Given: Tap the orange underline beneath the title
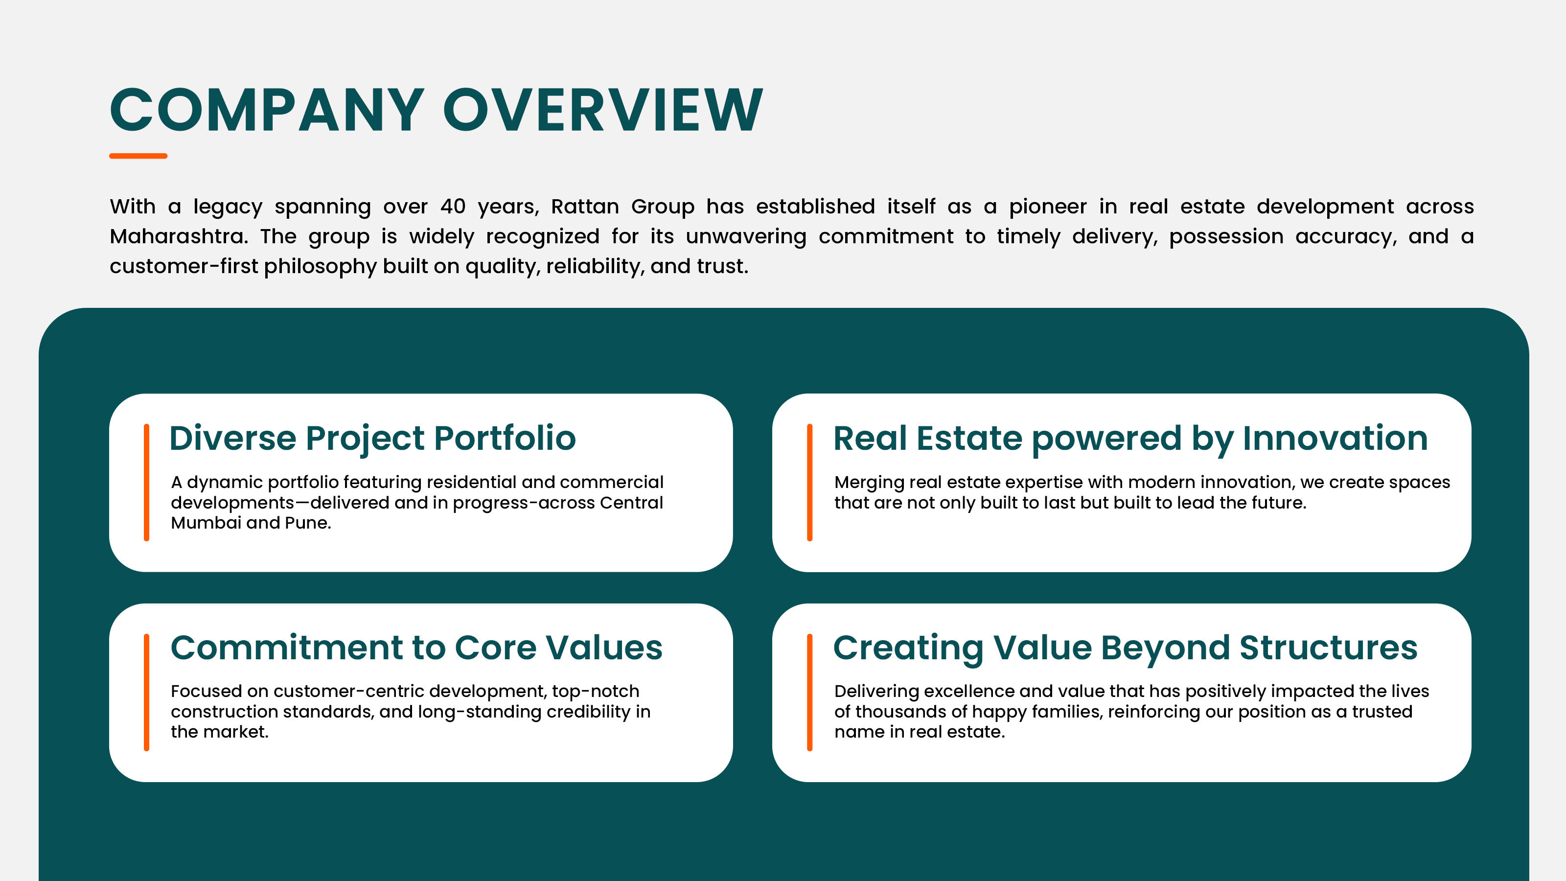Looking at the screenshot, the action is click(x=138, y=156).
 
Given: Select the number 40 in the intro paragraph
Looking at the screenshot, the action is click(x=453, y=206).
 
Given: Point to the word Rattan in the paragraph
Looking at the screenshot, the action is click(x=585, y=206).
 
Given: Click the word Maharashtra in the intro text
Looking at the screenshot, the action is click(x=179, y=236).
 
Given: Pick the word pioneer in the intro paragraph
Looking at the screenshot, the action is click(x=1047, y=207).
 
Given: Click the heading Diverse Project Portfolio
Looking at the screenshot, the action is click(x=372, y=439).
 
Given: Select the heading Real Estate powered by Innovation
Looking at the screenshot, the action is click(x=1130, y=439).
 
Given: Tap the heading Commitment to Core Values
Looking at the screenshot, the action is click(x=416, y=648).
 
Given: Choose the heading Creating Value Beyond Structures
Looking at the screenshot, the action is click(x=1125, y=648).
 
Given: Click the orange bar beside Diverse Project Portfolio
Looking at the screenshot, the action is click(x=146, y=482).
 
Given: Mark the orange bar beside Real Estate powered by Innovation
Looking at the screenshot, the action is click(x=810, y=482).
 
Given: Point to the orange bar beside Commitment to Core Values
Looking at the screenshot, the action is click(x=146, y=693).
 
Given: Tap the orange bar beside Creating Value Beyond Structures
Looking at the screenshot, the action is click(x=810, y=693).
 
